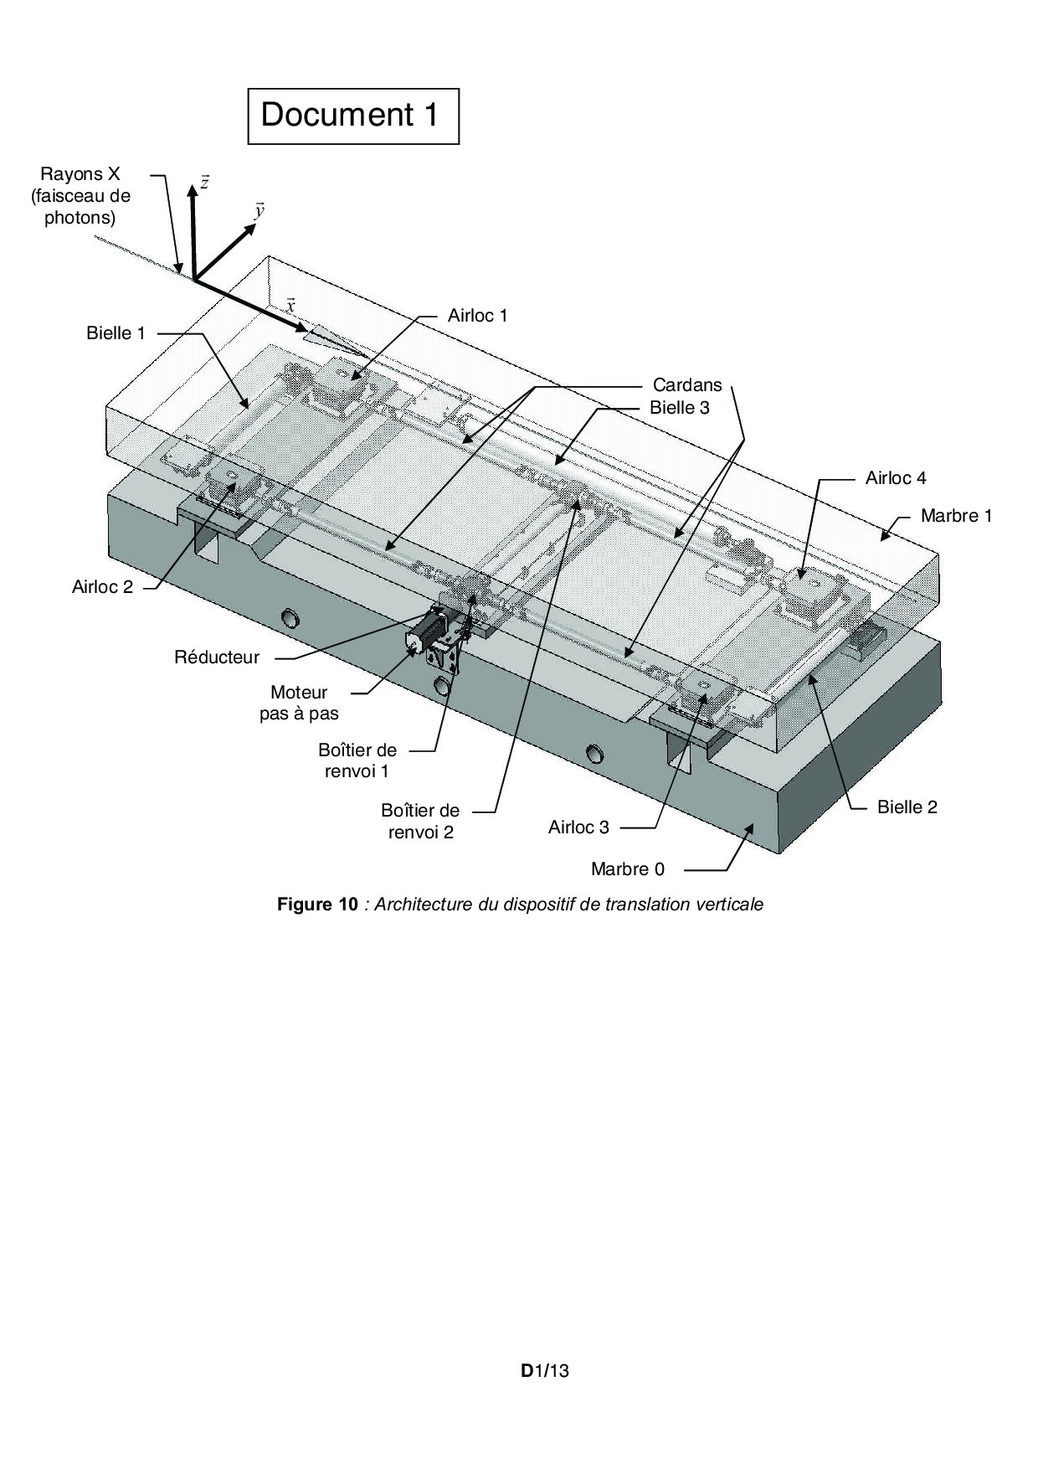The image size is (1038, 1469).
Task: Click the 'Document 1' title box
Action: (353, 116)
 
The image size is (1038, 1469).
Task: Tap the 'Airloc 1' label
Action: (478, 316)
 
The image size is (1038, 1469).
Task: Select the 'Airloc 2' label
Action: (102, 587)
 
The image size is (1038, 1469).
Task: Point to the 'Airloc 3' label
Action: (578, 827)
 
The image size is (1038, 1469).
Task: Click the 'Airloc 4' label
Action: (896, 478)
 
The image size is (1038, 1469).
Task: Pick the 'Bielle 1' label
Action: (116, 333)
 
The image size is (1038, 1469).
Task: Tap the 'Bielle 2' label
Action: (907, 807)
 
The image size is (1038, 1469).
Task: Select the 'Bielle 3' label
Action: (680, 408)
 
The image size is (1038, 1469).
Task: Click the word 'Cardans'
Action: (687, 385)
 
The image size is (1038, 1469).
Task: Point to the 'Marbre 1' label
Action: (957, 516)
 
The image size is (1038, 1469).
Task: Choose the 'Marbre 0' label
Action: (628, 869)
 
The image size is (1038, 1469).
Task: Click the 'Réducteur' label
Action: (217, 657)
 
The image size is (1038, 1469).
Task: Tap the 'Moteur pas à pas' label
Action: (299, 704)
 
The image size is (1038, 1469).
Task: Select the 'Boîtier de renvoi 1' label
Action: (357, 760)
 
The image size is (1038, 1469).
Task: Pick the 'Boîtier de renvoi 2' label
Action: (420, 822)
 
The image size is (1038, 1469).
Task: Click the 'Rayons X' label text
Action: (80, 174)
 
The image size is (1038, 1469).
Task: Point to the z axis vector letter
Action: (204, 183)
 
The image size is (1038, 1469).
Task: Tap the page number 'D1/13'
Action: (544, 1371)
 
